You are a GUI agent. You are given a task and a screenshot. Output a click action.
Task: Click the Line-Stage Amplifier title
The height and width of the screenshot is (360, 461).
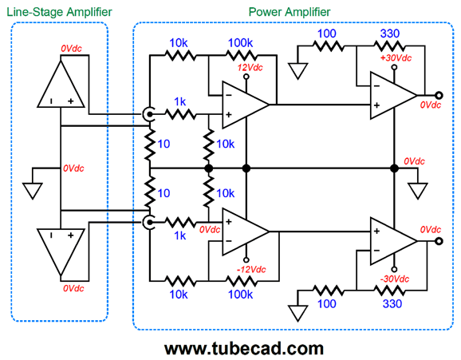pos(59,12)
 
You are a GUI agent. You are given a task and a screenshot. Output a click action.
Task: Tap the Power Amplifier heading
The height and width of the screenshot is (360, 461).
pos(290,12)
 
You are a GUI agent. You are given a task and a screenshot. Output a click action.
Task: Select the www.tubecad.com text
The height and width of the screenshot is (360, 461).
pos(244,349)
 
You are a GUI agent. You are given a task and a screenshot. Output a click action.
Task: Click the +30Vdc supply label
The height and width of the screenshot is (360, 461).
pos(396,57)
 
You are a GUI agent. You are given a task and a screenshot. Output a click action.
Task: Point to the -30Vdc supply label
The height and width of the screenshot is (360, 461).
pos(395,279)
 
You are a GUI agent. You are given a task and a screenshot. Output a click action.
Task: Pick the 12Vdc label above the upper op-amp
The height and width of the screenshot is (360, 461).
pos(250,67)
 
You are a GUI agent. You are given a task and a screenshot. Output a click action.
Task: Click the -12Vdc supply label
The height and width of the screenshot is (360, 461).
pos(251,269)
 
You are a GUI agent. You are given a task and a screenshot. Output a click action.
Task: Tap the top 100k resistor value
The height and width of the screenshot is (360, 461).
pos(240,43)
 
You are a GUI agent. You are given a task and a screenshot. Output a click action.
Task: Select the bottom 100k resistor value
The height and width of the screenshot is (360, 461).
pos(240,295)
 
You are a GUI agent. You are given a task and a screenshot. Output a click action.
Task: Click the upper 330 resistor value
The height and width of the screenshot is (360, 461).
pos(390,34)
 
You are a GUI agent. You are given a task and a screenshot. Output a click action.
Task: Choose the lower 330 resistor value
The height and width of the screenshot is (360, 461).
pos(392,303)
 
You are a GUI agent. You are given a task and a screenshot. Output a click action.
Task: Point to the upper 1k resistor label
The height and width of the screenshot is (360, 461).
pos(180,101)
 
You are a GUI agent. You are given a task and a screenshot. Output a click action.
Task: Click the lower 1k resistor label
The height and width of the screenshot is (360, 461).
pos(180,235)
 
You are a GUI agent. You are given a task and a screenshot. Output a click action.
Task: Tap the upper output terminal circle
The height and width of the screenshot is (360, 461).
pos(439,95)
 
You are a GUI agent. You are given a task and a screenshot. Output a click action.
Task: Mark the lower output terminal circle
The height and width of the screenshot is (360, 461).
pos(439,241)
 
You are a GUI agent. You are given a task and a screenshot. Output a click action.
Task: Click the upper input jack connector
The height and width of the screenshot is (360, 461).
pos(148,114)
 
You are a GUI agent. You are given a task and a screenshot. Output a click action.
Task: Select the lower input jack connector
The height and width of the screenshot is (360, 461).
pos(148,222)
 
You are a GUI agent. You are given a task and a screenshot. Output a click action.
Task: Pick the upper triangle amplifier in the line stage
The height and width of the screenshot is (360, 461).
pos(61,84)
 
